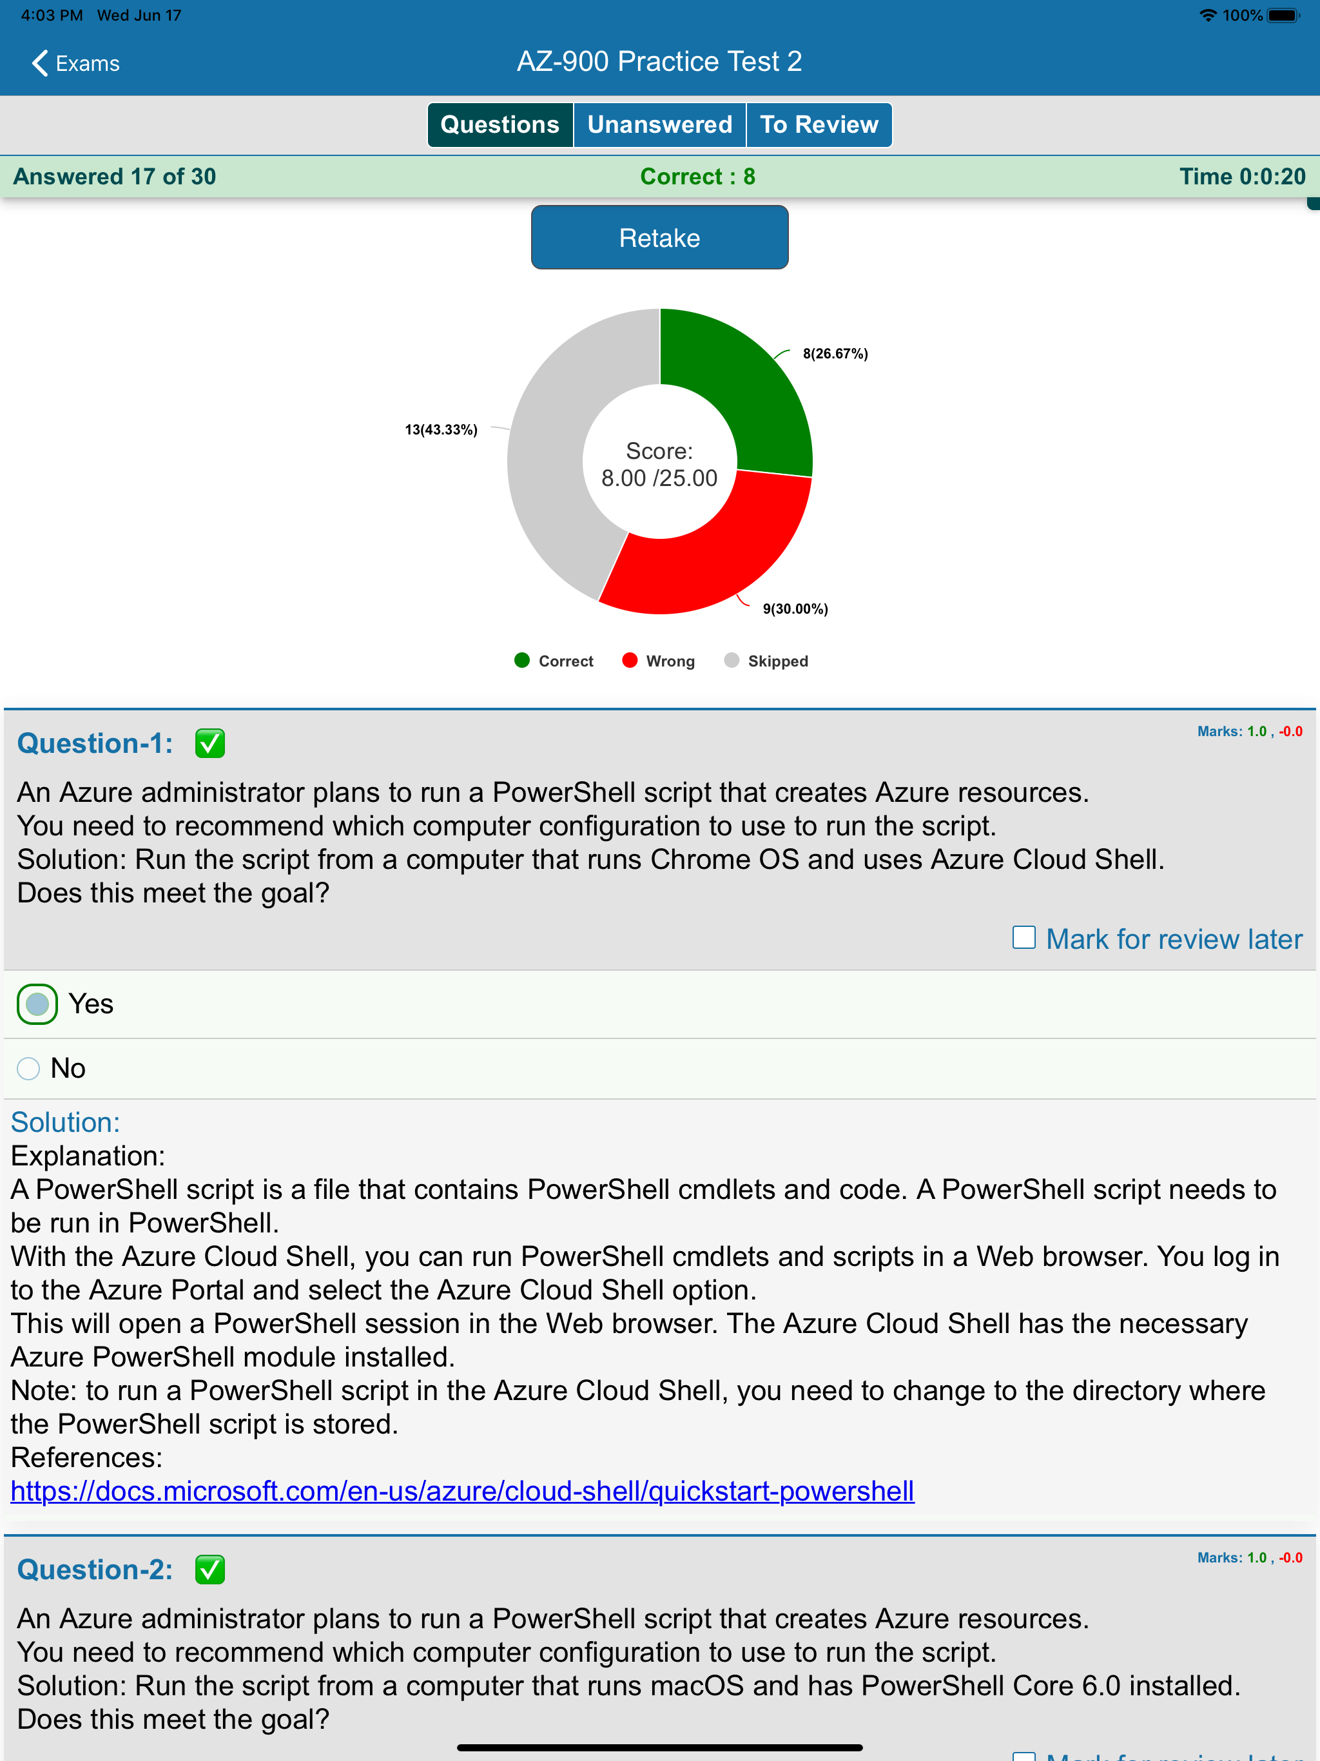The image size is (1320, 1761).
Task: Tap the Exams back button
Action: tap(75, 63)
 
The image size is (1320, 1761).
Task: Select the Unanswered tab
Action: tap(659, 125)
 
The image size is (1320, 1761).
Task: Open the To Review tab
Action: tap(819, 125)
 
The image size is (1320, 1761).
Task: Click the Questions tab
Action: tap(500, 125)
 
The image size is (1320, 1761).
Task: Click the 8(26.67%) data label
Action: tap(835, 353)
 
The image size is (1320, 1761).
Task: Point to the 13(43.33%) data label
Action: tap(441, 430)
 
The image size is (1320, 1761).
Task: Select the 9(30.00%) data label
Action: tap(795, 609)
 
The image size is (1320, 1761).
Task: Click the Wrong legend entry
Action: tap(659, 661)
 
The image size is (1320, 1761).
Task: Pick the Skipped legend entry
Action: tap(766, 661)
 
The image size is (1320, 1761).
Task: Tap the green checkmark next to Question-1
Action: tap(210, 744)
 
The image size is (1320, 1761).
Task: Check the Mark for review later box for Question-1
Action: tap(1024, 938)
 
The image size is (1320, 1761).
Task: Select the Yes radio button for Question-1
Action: tap(37, 1004)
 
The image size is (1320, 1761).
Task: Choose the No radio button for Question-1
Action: tap(28, 1068)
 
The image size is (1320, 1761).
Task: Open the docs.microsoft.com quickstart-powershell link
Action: tap(461, 1491)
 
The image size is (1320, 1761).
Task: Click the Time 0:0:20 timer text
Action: tap(1242, 177)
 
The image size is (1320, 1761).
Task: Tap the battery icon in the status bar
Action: tap(1283, 15)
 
